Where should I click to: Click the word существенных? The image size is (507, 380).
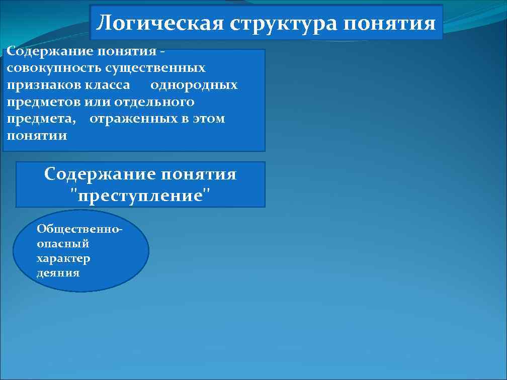(x=150, y=68)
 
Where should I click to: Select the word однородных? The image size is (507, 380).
(x=194, y=85)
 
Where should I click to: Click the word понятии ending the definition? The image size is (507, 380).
(x=37, y=136)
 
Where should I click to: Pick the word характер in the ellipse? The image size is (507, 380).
(x=63, y=258)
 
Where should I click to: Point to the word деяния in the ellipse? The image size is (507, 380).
(x=58, y=273)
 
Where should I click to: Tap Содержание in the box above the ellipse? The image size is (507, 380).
(x=99, y=174)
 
